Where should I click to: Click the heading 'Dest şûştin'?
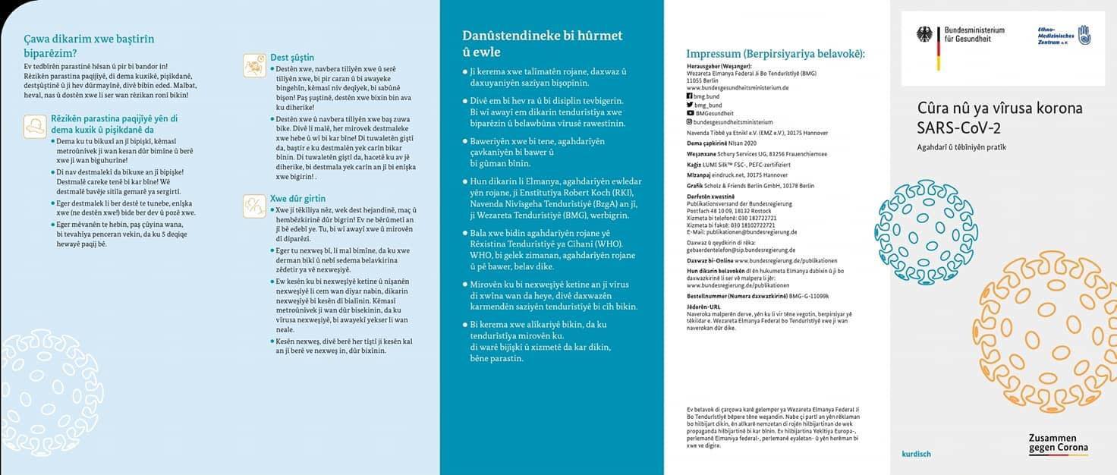pyautogui.click(x=292, y=58)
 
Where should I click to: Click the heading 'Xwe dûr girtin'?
pyautogui.click(x=297, y=199)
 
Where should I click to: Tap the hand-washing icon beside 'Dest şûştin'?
pyautogui.click(x=254, y=65)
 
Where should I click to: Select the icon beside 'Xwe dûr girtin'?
pyautogui.click(x=254, y=205)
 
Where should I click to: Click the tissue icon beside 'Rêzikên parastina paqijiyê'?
pyautogui.click(x=34, y=125)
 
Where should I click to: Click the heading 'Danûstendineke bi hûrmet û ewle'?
pyautogui.click(x=543, y=43)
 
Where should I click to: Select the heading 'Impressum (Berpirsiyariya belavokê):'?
pyautogui.click(x=776, y=54)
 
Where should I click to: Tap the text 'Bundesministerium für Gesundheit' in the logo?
pyautogui.click(x=974, y=34)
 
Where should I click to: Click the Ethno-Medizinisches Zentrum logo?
pyautogui.click(x=1062, y=36)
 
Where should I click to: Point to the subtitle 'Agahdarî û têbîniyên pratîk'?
pyautogui.click(x=961, y=147)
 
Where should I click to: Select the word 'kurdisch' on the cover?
pyautogui.click(x=916, y=454)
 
